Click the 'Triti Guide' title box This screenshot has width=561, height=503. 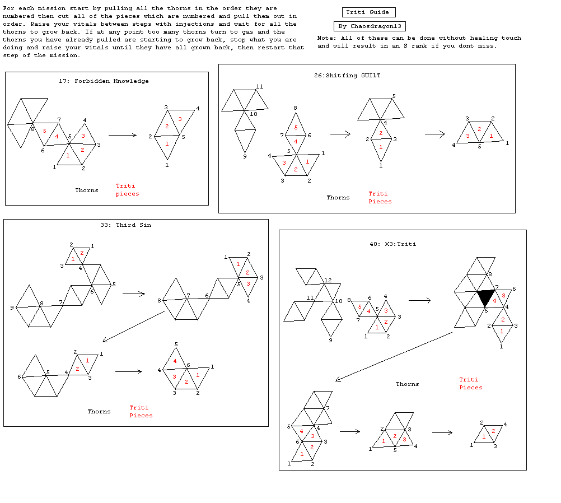tap(368, 12)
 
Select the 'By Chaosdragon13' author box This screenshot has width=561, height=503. tap(370, 26)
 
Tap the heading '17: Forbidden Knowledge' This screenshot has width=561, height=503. tap(104, 81)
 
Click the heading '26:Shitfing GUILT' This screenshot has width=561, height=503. tap(347, 76)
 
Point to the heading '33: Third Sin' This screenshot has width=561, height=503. tap(125, 225)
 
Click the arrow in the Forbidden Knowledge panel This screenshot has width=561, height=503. tap(123, 135)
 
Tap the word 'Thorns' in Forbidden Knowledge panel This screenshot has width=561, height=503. tap(87, 190)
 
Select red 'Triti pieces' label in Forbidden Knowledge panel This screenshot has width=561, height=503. tap(127, 190)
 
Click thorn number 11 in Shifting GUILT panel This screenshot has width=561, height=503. tap(260, 87)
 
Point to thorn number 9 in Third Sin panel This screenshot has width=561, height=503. tap(12, 308)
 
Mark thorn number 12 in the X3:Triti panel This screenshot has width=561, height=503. tap(328, 281)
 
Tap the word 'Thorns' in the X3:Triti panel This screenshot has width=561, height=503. tap(407, 384)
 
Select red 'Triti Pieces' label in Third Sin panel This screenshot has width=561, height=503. tap(141, 412)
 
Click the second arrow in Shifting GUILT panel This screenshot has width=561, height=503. tap(434, 134)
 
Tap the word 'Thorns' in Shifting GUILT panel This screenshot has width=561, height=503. tap(338, 198)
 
